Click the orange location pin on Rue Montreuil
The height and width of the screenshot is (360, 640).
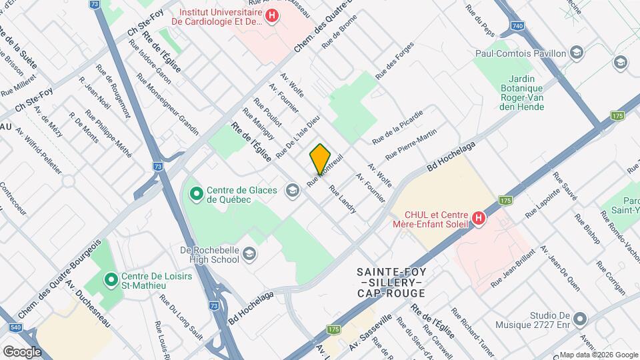320,159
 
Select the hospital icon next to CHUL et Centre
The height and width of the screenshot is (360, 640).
477,218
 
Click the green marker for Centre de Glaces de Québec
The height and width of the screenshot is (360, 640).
196,194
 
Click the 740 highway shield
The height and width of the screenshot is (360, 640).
517,25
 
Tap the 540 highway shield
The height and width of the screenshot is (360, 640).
14,328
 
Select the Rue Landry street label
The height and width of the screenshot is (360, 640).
343,199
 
